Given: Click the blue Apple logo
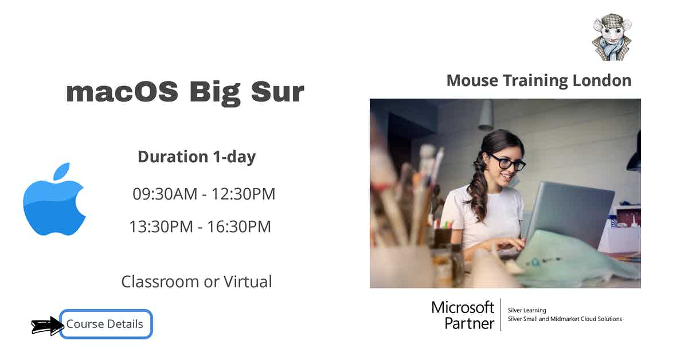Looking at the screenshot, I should tap(54, 201).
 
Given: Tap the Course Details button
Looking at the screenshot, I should tap(105, 324).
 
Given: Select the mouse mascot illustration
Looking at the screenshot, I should tap(611, 38).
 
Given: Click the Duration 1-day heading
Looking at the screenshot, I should tap(197, 156).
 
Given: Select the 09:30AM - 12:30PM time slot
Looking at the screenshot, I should tap(204, 194).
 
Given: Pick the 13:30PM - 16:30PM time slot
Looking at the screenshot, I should tap(200, 227).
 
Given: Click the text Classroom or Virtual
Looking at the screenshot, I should tap(197, 281).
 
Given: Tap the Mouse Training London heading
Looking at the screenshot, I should tap(538, 80).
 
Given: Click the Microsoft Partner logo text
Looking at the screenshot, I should tap(463, 315).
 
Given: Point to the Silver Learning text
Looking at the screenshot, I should tap(527, 310).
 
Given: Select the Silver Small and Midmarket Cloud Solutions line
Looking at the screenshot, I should tap(565, 319).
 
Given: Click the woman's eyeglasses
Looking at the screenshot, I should tap(507, 163).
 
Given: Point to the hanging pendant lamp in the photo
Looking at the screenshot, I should tap(486, 115).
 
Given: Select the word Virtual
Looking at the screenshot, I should tap(247, 281).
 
